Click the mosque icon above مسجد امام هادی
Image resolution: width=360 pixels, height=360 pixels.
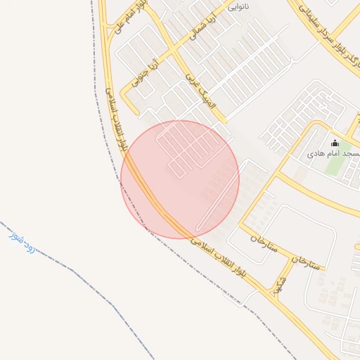[334, 143]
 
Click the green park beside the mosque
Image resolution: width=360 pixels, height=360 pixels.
[336, 165]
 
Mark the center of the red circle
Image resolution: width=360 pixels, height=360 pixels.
[180, 179]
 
